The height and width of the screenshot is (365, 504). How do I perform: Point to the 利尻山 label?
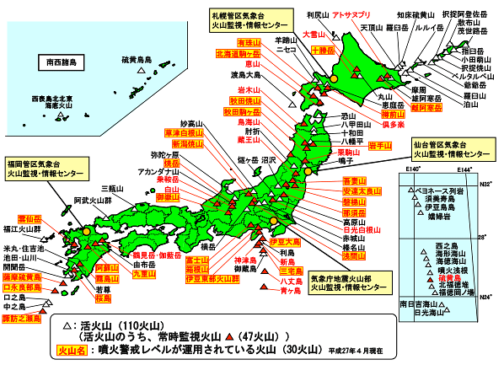316,15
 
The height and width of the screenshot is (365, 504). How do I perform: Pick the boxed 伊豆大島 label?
286,242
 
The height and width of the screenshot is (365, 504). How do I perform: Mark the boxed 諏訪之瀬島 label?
20,320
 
